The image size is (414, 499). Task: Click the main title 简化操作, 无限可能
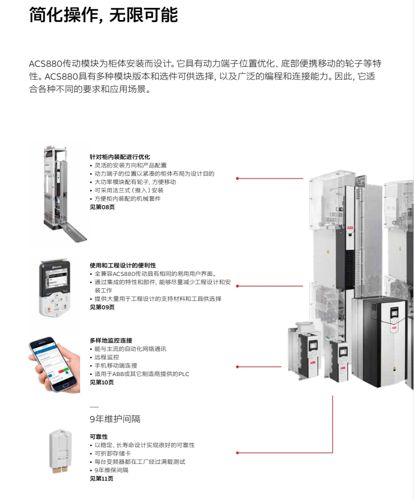pyautogui.click(x=103, y=14)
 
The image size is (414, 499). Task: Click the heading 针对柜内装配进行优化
pyautogui.click(x=120, y=157)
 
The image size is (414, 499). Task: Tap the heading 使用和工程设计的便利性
pyautogui.click(x=123, y=265)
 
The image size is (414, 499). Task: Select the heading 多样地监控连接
pyautogui.click(x=111, y=340)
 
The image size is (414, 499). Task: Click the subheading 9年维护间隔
pyautogui.click(x=115, y=419)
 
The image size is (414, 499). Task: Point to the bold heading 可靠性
pyautogui.click(x=98, y=437)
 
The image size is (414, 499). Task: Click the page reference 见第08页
pyautogui.click(x=102, y=207)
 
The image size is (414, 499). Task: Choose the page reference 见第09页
pyautogui.click(x=102, y=307)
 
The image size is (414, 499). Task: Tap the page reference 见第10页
pyautogui.click(x=102, y=382)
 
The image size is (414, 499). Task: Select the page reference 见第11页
pyautogui.click(x=101, y=478)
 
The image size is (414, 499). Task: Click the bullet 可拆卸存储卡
pyautogui.click(x=112, y=453)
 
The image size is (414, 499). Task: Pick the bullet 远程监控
pyautogui.click(x=107, y=357)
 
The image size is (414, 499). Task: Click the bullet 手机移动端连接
pyautogui.click(x=116, y=365)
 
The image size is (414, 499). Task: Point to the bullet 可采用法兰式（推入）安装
pyautogui.click(x=129, y=190)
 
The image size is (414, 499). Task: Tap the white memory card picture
pyautogui.click(x=61, y=452)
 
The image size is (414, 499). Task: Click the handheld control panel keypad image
pyautogui.click(x=55, y=289)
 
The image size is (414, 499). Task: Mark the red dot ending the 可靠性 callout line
pyautogui.click(x=238, y=452)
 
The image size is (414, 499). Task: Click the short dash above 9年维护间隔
pyautogui.click(x=94, y=407)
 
